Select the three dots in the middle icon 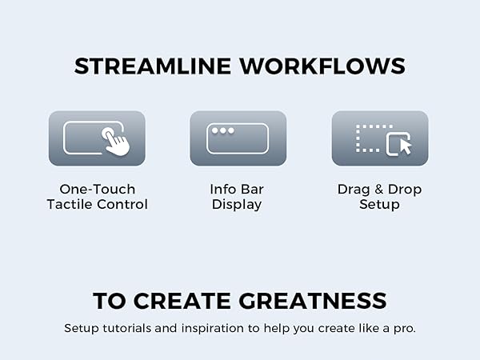(x=223, y=130)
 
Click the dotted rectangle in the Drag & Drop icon (x=369, y=138)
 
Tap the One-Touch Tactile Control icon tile (x=97, y=138)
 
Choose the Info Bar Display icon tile (x=238, y=138)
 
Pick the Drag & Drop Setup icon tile (x=380, y=138)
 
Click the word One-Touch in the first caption (x=97, y=190)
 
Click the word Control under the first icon (x=125, y=205)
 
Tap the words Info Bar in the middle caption (x=237, y=190)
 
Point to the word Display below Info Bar (x=237, y=205)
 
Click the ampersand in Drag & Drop (x=379, y=190)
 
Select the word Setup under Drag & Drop (x=379, y=205)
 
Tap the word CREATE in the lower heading (x=185, y=302)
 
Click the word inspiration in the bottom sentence (x=213, y=329)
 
